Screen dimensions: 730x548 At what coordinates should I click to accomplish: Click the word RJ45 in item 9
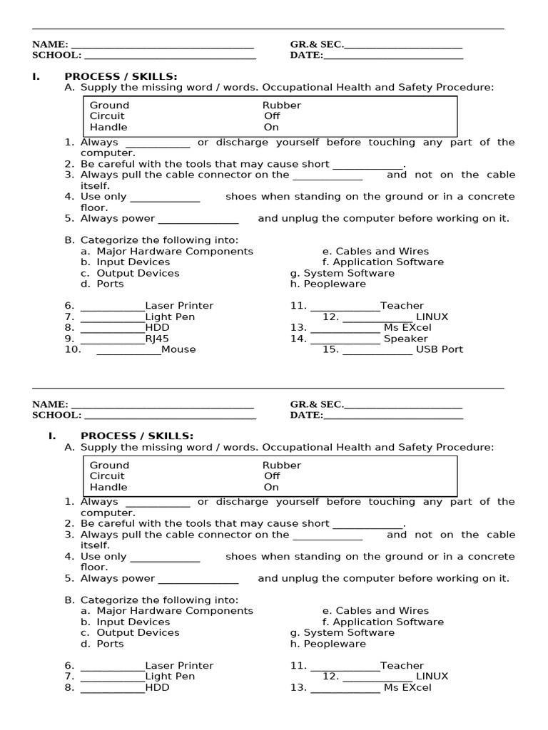[x=157, y=339]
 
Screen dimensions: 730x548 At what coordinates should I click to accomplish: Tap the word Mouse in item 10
[x=178, y=349]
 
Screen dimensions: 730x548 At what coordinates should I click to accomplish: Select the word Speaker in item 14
[x=406, y=339]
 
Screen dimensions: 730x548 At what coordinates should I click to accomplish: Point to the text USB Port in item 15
[x=440, y=349]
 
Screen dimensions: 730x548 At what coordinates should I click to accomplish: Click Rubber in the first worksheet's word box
[x=282, y=106]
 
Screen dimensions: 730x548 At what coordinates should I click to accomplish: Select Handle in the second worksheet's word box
[x=108, y=488]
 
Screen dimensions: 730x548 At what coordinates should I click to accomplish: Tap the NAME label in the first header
[x=50, y=44]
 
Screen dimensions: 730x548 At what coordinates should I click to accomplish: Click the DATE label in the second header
[x=306, y=415]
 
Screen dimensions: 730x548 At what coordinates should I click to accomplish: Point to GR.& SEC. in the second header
[x=317, y=404]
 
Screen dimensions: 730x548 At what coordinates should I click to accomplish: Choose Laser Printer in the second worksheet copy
[x=179, y=666]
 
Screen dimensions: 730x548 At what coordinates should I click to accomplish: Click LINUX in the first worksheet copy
[x=432, y=317]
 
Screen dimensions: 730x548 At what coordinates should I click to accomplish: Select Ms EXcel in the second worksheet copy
[x=407, y=688]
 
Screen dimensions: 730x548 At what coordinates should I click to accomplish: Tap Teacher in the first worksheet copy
[x=402, y=306]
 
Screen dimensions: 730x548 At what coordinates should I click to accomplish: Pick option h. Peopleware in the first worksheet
[x=328, y=284]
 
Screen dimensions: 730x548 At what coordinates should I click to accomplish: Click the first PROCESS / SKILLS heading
[x=121, y=76]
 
